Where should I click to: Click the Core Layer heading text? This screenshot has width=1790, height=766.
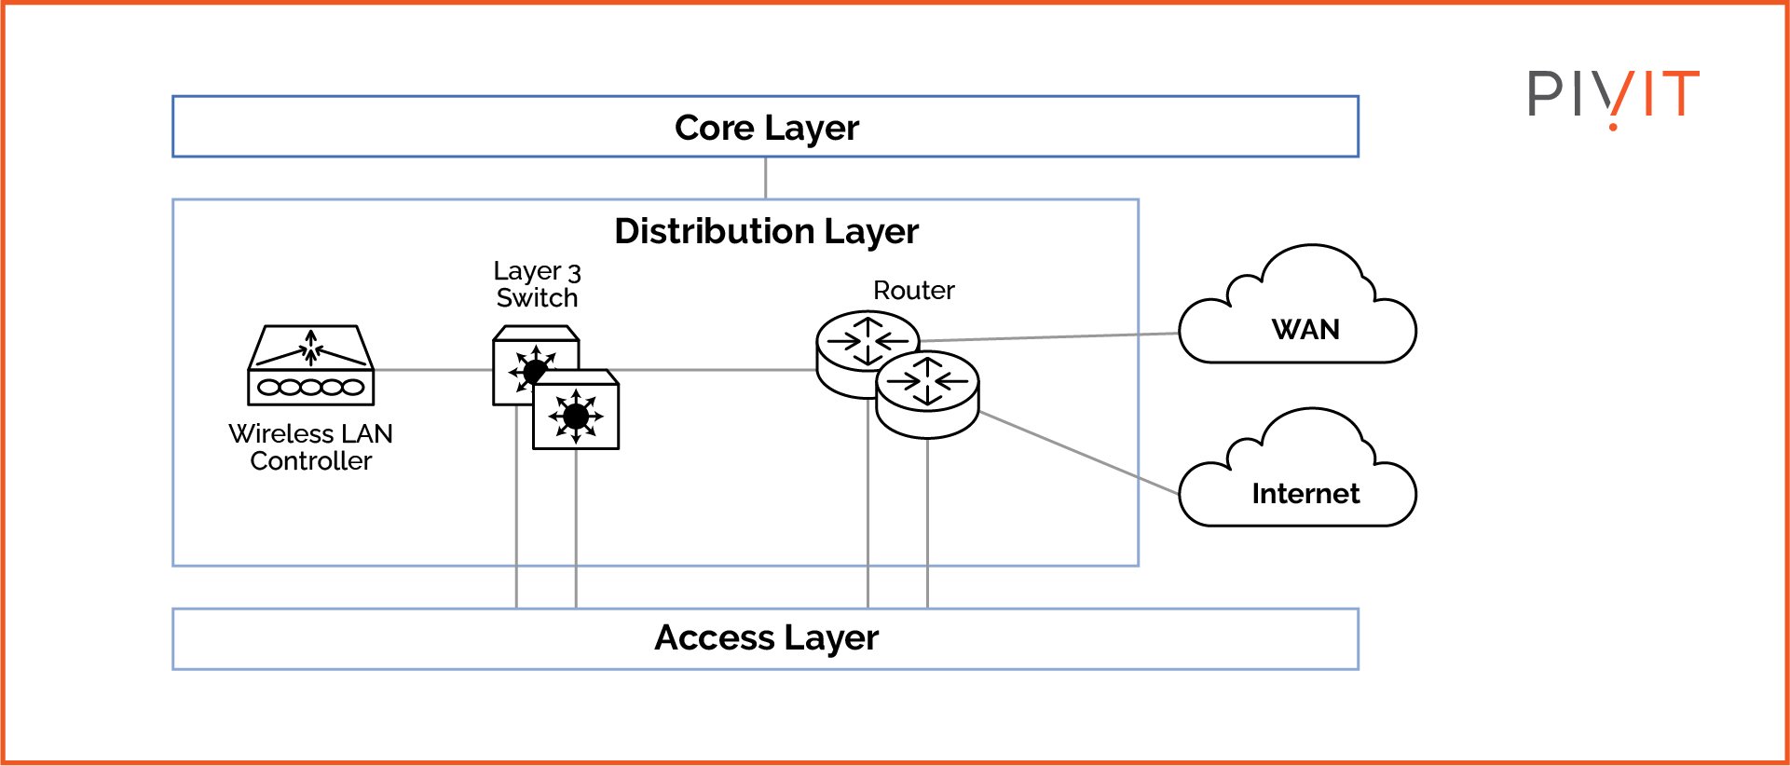click(766, 128)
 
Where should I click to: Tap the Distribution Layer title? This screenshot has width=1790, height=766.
click(766, 231)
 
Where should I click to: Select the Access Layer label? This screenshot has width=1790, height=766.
click(766, 638)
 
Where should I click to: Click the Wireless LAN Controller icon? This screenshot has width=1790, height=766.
click(310, 365)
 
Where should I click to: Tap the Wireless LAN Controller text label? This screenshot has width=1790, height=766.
click(310, 447)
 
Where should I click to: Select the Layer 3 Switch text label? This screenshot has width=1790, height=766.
click(537, 284)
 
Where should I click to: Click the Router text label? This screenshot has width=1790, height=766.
click(913, 291)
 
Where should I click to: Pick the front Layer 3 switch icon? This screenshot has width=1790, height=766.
click(576, 412)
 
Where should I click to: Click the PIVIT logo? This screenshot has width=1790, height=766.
click(1612, 95)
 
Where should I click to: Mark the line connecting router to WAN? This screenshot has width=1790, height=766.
click(1053, 336)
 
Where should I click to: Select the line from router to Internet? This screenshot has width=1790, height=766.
click(1081, 454)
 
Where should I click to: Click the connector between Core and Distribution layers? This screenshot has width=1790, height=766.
click(765, 178)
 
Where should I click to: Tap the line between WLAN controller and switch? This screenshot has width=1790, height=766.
click(433, 370)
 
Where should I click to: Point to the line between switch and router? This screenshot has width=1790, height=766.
click(717, 370)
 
